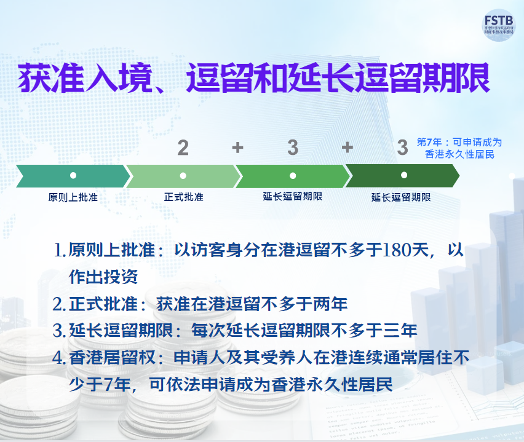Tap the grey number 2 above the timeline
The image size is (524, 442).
click(x=183, y=148)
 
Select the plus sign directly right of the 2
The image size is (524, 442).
click(x=238, y=148)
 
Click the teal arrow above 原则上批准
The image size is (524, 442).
click(x=73, y=176)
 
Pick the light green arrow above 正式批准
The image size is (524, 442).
click(x=183, y=176)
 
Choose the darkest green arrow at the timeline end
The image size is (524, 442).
click(x=403, y=176)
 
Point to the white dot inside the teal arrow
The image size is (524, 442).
click(x=73, y=176)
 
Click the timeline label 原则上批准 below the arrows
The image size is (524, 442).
click(x=73, y=197)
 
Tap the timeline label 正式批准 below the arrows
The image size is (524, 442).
click(x=183, y=197)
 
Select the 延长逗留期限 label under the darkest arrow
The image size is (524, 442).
click(x=401, y=197)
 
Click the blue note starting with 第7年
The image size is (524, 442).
click(x=459, y=148)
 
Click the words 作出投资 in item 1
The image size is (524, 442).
click(x=103, y=277)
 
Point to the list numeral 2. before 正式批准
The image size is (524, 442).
click(x=59, y=304)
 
